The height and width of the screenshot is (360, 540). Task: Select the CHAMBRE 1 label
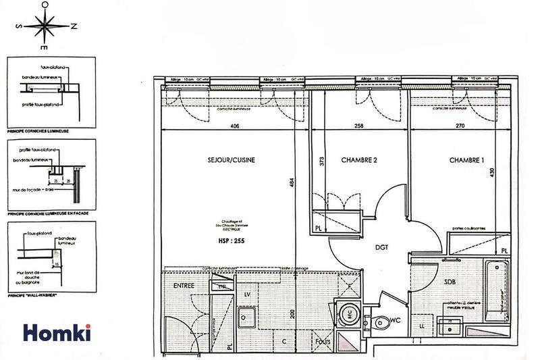coord(470,160)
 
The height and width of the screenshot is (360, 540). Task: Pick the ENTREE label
coord(184,286)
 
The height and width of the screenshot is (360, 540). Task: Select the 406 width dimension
coord(235,126)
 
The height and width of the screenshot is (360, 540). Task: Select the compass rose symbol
coord(43,27)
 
